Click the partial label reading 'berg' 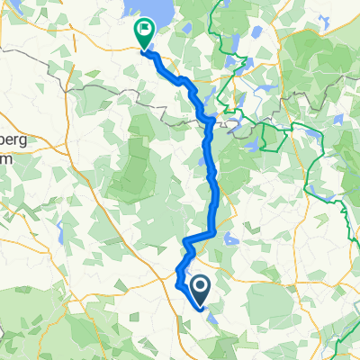click(x=12, y=145)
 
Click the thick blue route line click(x=213, y=180)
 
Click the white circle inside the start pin click(x=199, y=287)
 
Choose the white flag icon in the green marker click(x=144, y=29)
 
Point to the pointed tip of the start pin click(x=199, y=303)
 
